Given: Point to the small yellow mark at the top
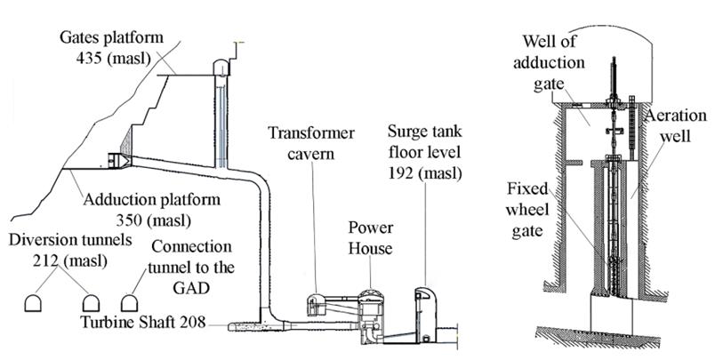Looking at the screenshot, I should [x=237, y=42].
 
